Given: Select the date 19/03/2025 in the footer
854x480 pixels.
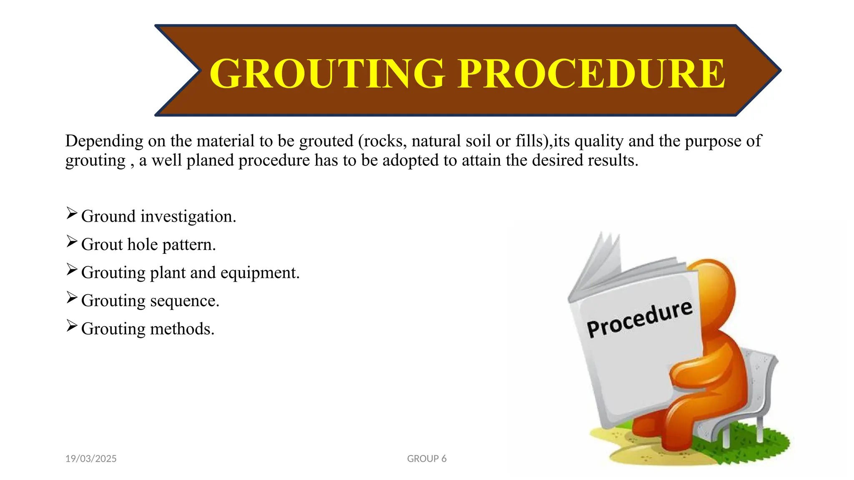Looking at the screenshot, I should (x=91, y=458).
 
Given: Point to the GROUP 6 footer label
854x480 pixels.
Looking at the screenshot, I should (x=427, y=458).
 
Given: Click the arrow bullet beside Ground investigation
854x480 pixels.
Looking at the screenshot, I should (x=72, y=214).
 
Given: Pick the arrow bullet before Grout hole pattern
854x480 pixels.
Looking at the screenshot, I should (x=72, y=242).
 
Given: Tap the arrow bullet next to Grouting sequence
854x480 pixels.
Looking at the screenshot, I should (x=72, y=298).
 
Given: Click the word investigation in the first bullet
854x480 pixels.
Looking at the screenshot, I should (x=188, y=217).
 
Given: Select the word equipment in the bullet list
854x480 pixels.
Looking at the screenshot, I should (x=260, y=273).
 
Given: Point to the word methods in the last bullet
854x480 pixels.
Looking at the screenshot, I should (x=182, y=329).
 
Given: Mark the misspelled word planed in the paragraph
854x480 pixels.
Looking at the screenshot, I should (x=210, y=160).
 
